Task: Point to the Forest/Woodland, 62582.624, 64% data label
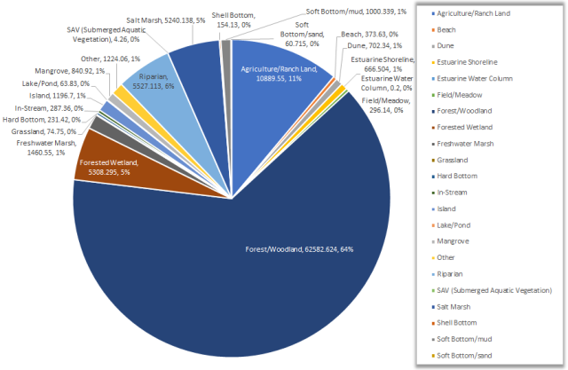pos(298,249)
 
